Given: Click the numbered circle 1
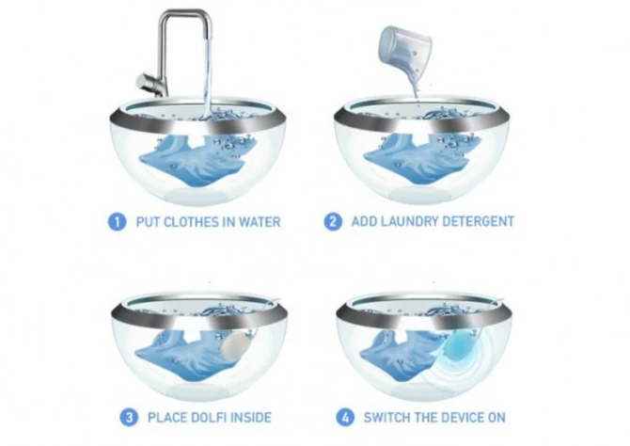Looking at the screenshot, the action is [x=117, y=222].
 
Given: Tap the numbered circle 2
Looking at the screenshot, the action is [x=333, y=222].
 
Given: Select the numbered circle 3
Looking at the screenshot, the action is [x=129, y=418].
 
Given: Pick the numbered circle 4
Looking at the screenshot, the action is [x=345, y=418].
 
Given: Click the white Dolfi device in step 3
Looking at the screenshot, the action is [x=232, y=343].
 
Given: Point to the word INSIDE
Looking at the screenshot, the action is [x=252, y=418].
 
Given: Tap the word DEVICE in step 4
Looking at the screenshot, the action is [x=462, y=418].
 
